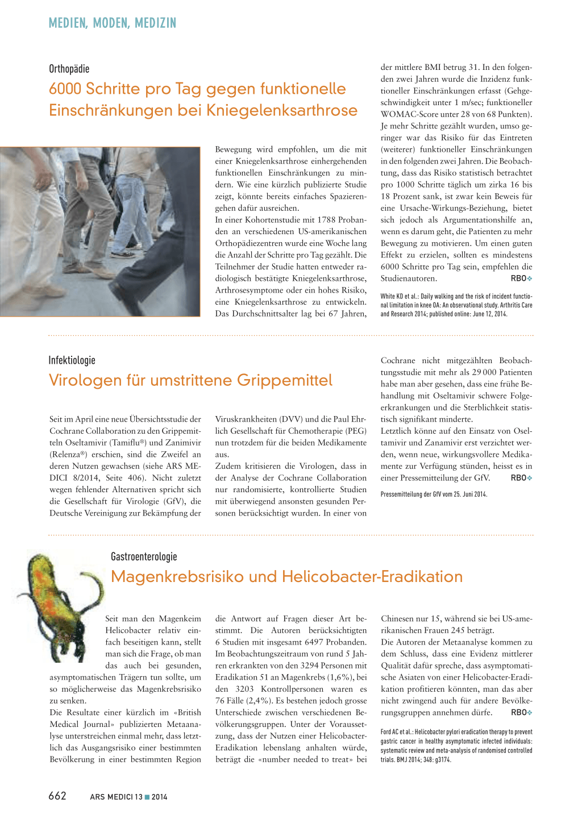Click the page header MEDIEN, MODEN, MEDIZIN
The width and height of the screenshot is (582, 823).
(x=113, y=23)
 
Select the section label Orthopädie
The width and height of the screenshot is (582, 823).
(x=69, y=69)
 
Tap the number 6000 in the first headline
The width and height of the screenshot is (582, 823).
(x=66, y=89)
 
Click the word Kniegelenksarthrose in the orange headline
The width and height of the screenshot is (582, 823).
(x=282, y=110)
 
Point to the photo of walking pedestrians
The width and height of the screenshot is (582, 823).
(x=100, y=231)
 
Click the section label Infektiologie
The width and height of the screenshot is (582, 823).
(x=72, y=360)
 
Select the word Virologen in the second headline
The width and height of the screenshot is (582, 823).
(x=83, y=380)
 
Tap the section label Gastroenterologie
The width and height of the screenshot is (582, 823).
(x=144, y=556)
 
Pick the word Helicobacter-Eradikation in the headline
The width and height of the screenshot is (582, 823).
(x=372, y=576)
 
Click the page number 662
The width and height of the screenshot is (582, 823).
(x=57, y=796)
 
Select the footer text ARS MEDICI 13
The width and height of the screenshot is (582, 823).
(x=116, y=797)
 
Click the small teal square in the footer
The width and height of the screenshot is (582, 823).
(x=147, y=797)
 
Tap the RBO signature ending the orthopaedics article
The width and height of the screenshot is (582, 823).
(x=521, y=279)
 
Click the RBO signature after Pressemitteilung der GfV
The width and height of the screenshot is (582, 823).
(x=521, y=478)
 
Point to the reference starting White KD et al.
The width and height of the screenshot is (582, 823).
(x=456, y=305)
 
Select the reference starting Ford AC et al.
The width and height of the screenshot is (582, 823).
(x=456, y=746)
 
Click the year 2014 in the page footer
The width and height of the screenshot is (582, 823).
(x=160, y=797)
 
